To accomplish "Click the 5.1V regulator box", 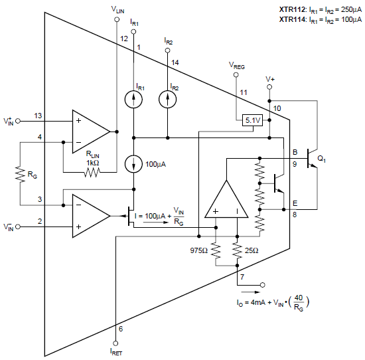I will click(x=254, y=120).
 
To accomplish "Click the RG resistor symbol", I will click(x=20, y=174).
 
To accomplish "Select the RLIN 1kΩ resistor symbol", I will click(x=91, y=173).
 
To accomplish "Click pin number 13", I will click(x=38, y=116).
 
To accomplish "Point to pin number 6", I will click(x=120, y=329).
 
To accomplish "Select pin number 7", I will click(x=243, y=276).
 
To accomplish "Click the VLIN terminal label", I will click(x=117, y=11).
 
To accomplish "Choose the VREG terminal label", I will click(x=236, y=65).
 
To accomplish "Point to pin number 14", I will click(x=175, y=62).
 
